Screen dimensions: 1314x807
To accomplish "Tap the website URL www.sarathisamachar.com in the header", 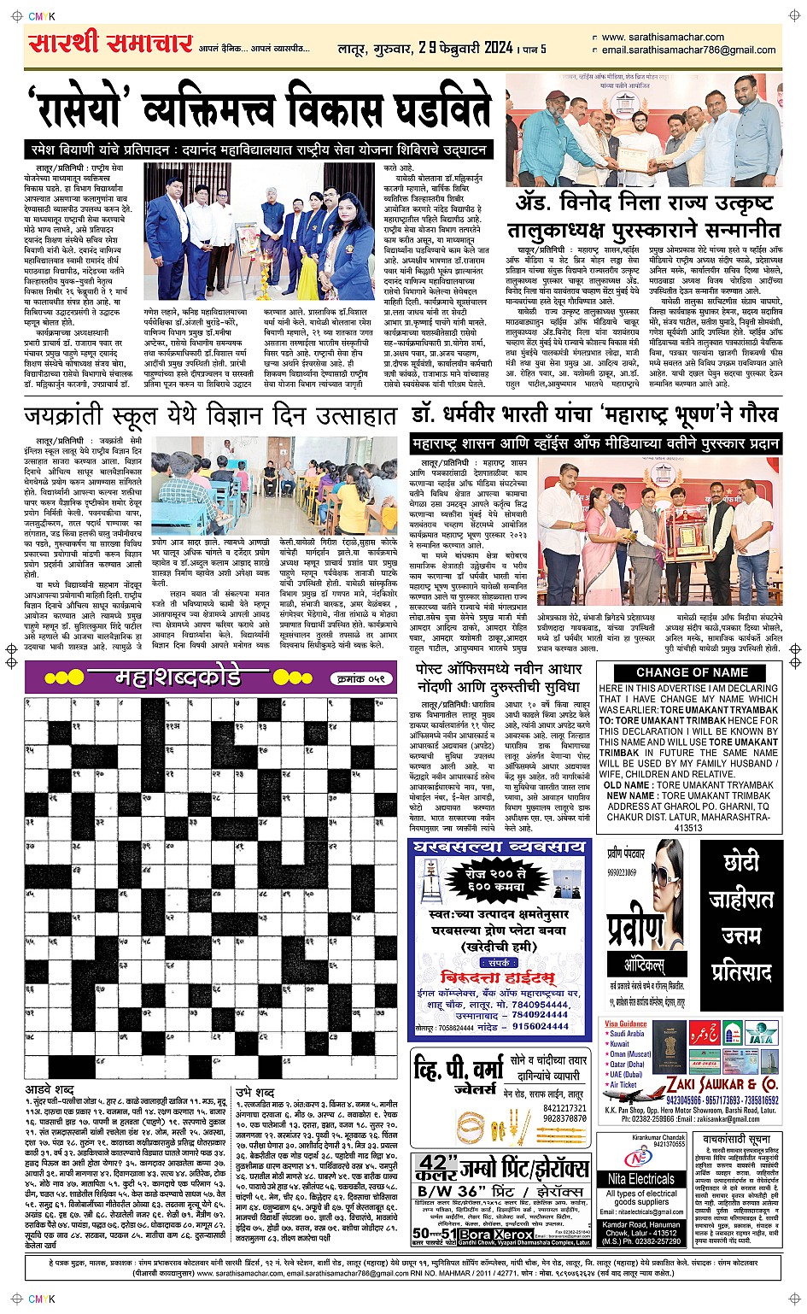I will pos(663,38).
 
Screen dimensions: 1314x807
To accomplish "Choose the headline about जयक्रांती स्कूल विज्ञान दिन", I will pos(210,416).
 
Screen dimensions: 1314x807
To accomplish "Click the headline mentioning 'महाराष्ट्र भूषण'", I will pos(595,415).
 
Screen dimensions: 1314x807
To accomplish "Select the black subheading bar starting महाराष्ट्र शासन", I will pos(595,443).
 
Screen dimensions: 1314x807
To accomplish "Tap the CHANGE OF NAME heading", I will pos(692,672).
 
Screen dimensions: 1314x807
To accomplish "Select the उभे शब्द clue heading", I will pos(255,1092).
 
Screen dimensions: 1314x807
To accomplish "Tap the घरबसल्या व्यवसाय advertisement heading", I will pos(499,847).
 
